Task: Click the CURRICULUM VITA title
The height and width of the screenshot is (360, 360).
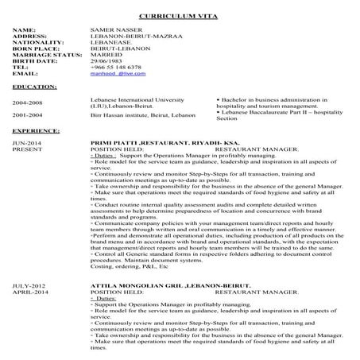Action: pyautogui.click(x=179, y=16)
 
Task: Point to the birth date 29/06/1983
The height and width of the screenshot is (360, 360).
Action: pyautogui.click(x=108, y=60)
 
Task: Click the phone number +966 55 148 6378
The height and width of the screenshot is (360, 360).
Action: pyautogui.click(x=117, y=67)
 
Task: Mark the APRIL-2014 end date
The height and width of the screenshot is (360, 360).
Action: pyautogui.click(x=29, y=291)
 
